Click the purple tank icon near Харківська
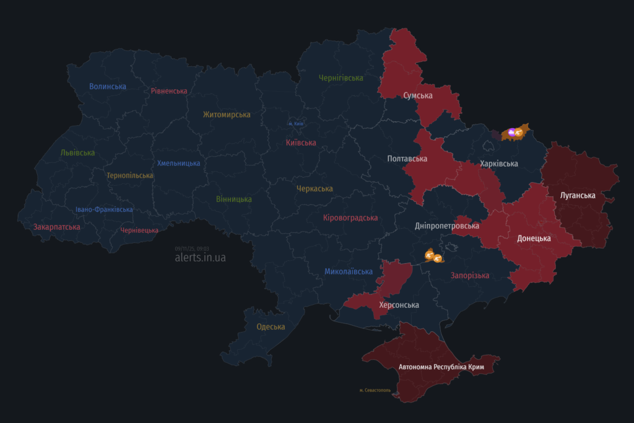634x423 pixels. pos(511,132)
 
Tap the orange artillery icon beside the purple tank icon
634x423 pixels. pos(519,132)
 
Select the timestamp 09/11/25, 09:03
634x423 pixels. pos(192,248)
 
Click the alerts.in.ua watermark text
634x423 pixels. pos(200,258)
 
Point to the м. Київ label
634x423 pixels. pos(296,124)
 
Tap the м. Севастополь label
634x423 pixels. pos(375,390)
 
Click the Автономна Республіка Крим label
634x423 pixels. pos(441,367)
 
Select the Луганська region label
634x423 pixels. pos(578,195)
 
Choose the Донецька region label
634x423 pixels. pos(534,238)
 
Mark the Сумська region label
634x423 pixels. pos(418,96)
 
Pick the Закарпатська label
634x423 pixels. pos(56,227)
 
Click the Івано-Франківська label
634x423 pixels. pos(104,209)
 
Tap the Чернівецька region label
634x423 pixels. pos(139,230)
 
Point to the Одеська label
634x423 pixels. pos(271,326)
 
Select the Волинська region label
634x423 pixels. pos(108,87)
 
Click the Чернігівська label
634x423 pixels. pos(341,78)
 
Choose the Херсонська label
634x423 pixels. pos(399,305)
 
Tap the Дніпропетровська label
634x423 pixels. pos(447,226)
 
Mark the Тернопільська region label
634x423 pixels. pos(129,175)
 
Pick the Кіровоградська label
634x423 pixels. pos(350,218)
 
